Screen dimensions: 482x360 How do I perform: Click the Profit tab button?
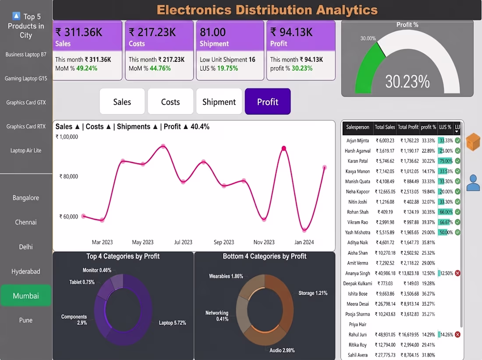click(x=267, y=102)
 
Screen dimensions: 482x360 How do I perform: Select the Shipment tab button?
click(x=219, y=102)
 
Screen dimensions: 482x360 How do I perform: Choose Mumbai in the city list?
click(x=26, y=296)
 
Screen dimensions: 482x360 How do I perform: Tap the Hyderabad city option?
click(x=26, y=271)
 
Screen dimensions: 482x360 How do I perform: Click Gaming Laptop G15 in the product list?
click(x=26, y=78)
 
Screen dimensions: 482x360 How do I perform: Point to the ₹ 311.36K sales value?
click(x=79, y=32)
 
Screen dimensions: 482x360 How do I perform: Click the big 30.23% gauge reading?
click(x=408, y=82)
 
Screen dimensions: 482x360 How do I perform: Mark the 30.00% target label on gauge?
click(x=368, y=39)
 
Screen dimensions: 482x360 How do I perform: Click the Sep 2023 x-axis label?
click(x=224, y=242)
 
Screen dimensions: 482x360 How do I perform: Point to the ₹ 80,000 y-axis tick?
click(x=68, y=176)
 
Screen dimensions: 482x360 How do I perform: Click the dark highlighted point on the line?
click(x=284, y=148)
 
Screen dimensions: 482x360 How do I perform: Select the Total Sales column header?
click(x=385, y=127)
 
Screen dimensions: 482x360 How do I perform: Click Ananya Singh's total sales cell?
click(x=385, y=273)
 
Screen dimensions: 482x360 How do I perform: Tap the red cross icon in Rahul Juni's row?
click(x=457, y=335)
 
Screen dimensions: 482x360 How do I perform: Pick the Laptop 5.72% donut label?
click(x=172, y=323)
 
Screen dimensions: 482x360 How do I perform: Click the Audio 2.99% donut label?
click(x=282, y=350)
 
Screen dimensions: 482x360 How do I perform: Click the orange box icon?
click(x=473, y=142)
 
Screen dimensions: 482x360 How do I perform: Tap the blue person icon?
click(x=473, y=183)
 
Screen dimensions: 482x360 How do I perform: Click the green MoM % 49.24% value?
click(x=87, y=68)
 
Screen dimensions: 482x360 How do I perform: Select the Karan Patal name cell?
click(x=358, y=161)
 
